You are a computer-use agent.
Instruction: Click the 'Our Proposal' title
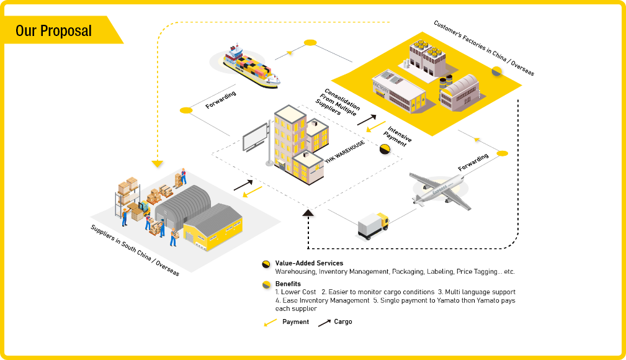coord(53,30)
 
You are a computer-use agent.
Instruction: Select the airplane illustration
coord(438,187)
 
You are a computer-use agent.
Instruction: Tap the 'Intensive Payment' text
coord(395,135)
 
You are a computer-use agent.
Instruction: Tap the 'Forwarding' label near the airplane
coord(473,162)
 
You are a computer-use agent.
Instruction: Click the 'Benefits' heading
coord(288,284)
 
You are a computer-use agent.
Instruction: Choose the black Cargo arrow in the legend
coord(324,322)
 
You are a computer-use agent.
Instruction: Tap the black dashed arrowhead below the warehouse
coord(308,214)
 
